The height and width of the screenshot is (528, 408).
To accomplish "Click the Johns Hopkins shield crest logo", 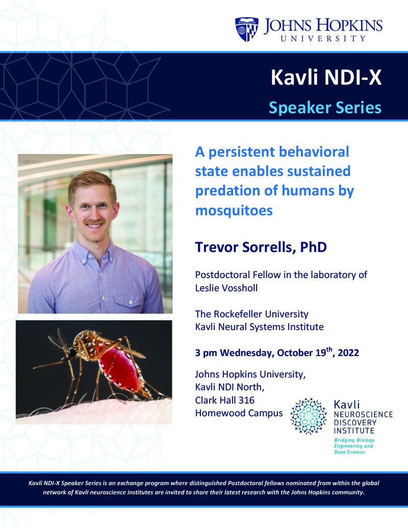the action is pyautogui.click(x=247, y=29).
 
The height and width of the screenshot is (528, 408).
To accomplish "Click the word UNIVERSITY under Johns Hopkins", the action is pyautogui.click(x=323, y=39).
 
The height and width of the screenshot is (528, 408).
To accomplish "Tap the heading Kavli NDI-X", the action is pyautogui.click(x=326, y=77).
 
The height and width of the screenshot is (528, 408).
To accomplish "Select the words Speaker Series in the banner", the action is pyautogui.click(x=325, y=108).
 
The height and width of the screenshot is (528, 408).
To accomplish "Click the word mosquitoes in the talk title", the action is pyautogui.click(x=234, y=211).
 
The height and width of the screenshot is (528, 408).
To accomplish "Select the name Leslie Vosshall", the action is pyautogui.click(x=226, y=288).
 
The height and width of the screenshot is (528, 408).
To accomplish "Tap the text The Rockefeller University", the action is pyautogui.click(x=252, y=314).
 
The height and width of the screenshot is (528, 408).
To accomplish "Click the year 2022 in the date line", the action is pyautogui.click(x=348, y=353).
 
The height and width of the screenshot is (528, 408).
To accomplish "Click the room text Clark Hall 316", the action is pyautogui.click(x=225, y=400).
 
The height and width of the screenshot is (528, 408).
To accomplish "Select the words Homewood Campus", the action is pyautogui.click(x=239, y=413).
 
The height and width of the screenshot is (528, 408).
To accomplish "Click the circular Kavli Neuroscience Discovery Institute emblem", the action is pyautogui.click(x=309, y=416).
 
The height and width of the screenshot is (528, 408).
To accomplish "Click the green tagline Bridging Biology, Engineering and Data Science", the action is pyautogui.click(x=354, y=446).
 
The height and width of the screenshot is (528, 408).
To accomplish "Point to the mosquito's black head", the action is pyautogui.click(x=71, y=353).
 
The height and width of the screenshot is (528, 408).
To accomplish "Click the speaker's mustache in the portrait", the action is pyautogui.click(x=94, y=221).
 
